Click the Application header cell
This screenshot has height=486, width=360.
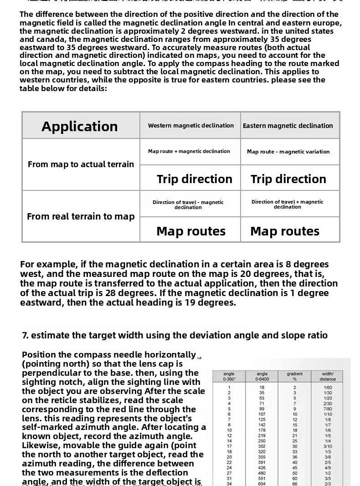coord(80,126)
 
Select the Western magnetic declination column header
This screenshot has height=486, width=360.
coord(190,125)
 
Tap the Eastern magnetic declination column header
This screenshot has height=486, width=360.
coord(288,126)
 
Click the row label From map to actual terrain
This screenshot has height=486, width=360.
coord(81,164)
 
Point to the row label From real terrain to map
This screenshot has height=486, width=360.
coord(81,216)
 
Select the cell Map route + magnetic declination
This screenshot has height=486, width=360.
coord(189,151)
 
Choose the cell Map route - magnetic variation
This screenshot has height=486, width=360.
coord(288,152)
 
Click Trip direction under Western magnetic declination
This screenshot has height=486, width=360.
coord(195,179)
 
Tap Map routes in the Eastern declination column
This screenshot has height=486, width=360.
coord(285,231)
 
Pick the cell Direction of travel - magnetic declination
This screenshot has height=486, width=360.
coord(188,205)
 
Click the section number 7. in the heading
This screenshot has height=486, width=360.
coord(26,335)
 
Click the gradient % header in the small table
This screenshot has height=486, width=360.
coord(295,376)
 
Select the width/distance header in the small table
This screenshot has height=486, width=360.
coord(328,376)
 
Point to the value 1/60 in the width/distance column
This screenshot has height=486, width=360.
coord(328,387)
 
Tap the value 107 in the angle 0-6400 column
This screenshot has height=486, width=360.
coord(262,414)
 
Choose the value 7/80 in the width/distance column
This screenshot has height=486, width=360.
coord(328,409)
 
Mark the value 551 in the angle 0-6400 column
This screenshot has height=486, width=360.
coord(262,478)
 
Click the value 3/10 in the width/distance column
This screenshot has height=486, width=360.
coord(328,446)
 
